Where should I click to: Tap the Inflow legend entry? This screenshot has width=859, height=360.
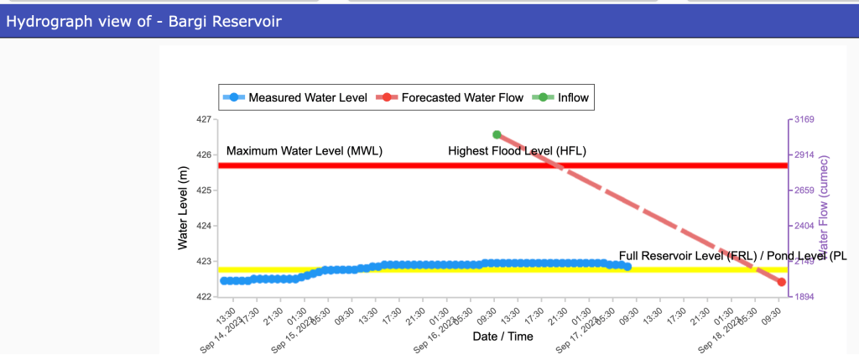tap(570, 97)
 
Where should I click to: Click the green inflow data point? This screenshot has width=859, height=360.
tap(497, 134)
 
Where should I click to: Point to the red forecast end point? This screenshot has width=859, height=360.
tap(781, 282)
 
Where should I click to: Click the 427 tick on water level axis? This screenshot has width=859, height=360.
tap(204, 120)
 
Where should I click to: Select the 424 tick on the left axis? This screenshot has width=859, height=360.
tap(204, 227)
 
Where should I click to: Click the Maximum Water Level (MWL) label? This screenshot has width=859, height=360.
tap(304, 151)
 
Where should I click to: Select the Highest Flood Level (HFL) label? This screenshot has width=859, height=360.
tap(517, 151)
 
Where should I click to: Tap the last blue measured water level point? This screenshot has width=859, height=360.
tap(627, 267)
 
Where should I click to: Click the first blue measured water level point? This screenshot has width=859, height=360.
tap(224, 280)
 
